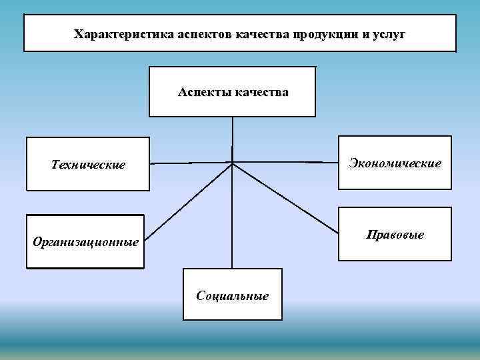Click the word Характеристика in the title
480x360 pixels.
[123, 33]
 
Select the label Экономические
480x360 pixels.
[395, 163]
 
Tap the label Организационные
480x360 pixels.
[87, 242]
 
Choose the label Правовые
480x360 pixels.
[395, 235]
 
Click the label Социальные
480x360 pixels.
[233, 295]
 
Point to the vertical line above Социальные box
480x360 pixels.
[232, 220]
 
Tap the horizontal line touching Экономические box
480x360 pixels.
[287, 161]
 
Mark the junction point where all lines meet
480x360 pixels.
[232, 162]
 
